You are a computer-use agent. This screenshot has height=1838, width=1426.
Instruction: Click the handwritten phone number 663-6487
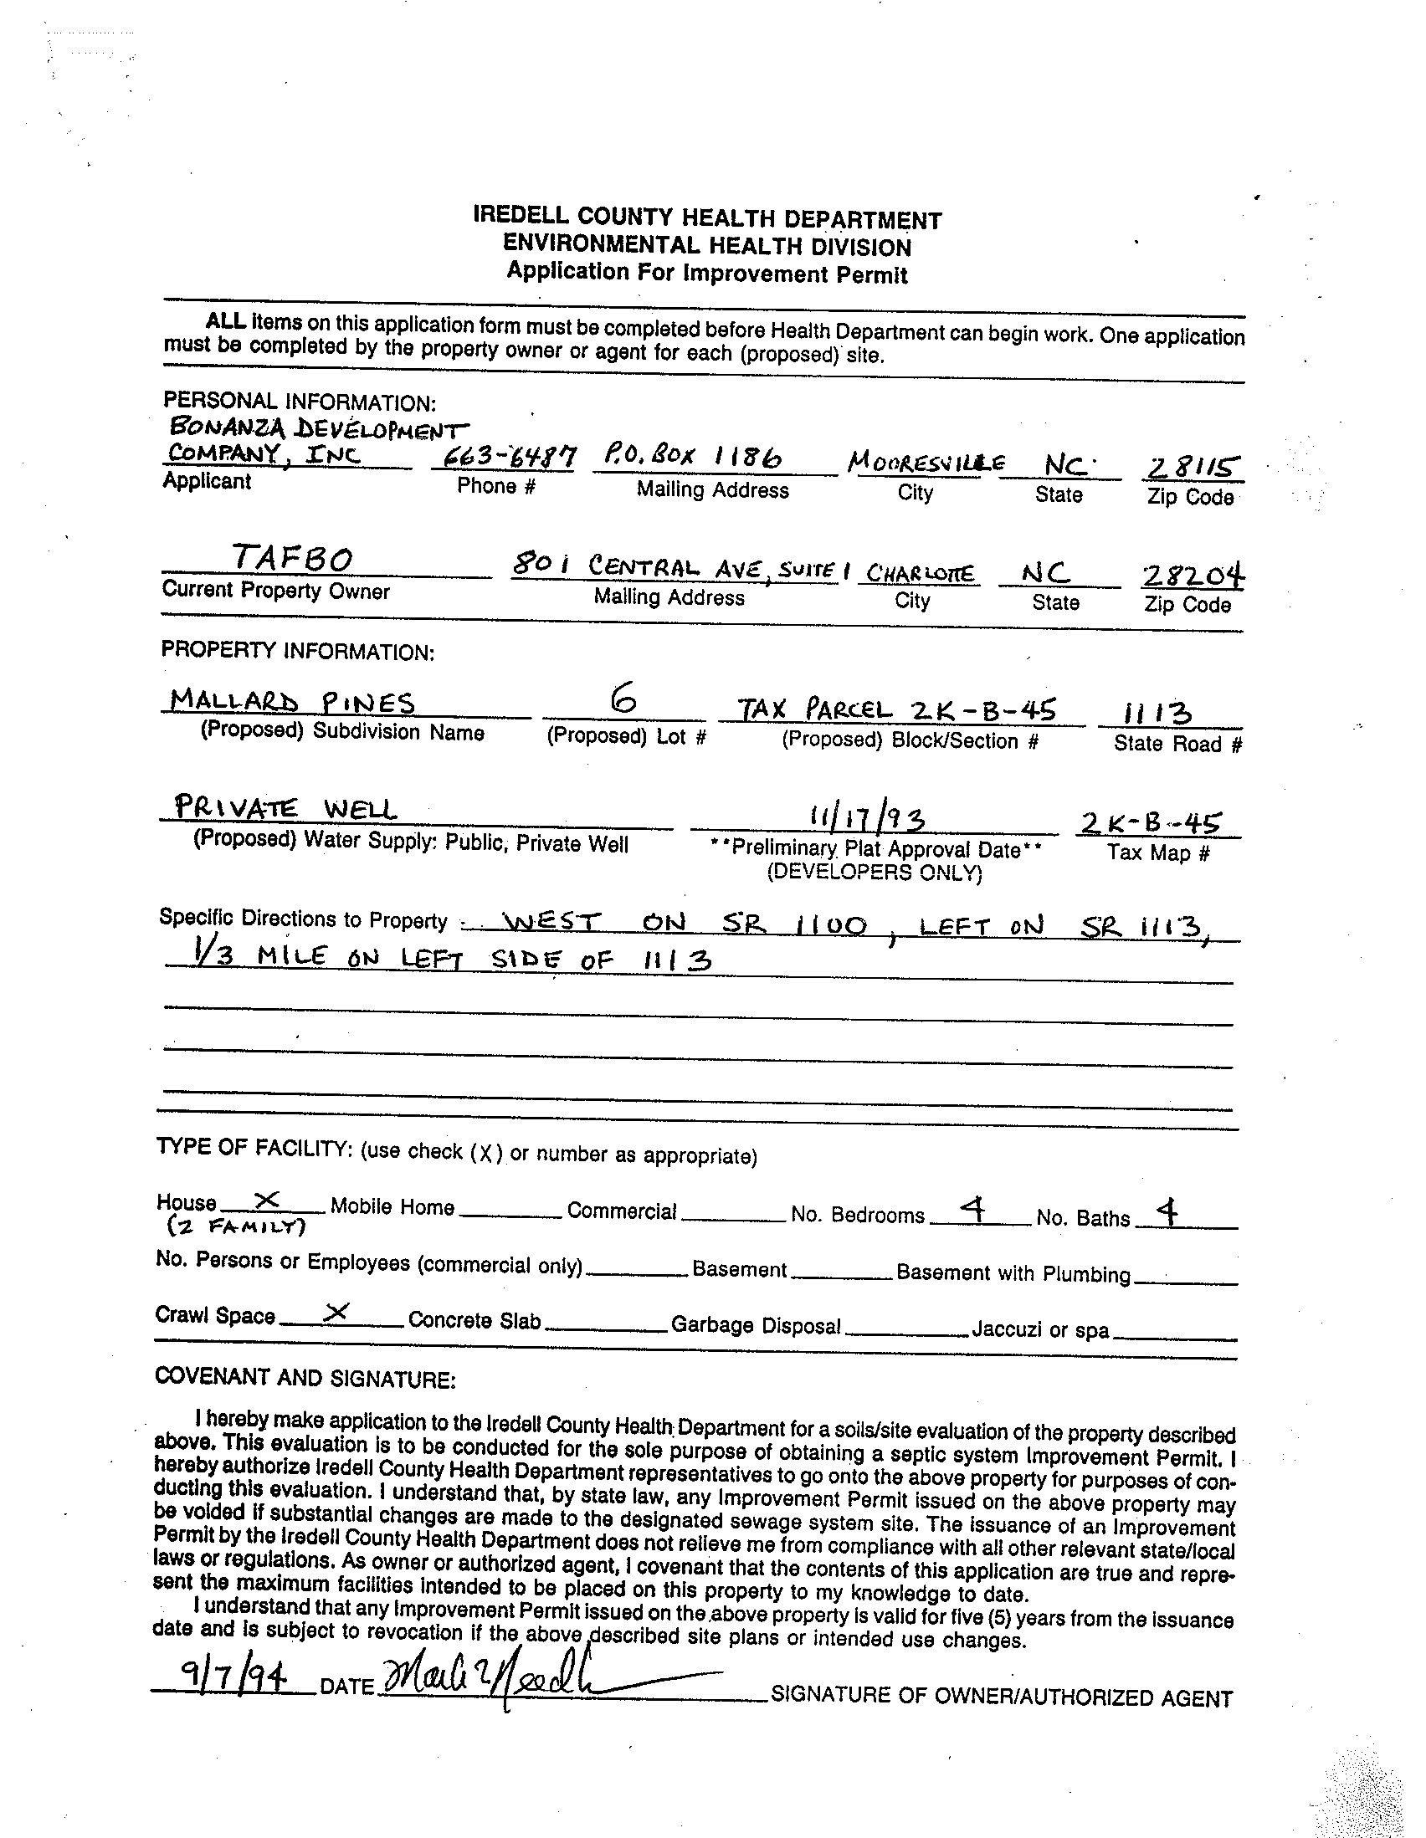[x=504, y=457]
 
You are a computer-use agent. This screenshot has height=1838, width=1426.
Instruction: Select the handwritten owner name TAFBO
[x=292, y=558]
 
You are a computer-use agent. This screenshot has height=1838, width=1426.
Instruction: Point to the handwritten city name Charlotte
[x=919, y=574]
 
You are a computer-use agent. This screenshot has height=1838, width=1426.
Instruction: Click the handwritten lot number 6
[x=623, y=701]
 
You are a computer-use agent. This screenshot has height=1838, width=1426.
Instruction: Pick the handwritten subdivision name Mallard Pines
[x=292, y=701]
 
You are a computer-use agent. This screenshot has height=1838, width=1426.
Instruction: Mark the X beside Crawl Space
[x=336, y=1310]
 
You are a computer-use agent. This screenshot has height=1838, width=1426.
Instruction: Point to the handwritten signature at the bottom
[x=505, y=1682]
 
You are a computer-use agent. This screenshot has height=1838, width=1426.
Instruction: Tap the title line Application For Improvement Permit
[x=706, y=274]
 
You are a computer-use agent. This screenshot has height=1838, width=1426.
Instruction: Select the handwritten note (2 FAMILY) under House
[x=235, y=1227]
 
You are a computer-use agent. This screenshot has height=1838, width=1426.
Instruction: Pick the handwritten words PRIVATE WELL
[x=285, y=809]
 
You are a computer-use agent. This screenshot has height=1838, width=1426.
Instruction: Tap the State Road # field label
[x=1177, y=744]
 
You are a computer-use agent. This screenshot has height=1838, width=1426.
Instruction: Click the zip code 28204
[x=1192, y=576]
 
